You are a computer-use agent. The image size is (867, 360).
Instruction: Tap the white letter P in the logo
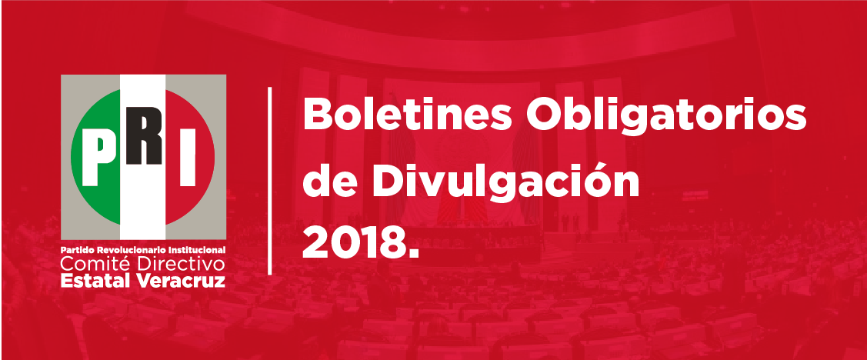[99, 157]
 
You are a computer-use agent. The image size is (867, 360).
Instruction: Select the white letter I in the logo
[188, 157]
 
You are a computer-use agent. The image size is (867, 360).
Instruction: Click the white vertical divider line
[270, 180]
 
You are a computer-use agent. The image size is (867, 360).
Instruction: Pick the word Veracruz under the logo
[180, 280]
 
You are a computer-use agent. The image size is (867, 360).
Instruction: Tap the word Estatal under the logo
[96, 280]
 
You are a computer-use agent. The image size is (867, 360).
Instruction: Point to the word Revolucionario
[128, 250]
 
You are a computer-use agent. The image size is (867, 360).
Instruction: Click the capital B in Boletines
[318, 115]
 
